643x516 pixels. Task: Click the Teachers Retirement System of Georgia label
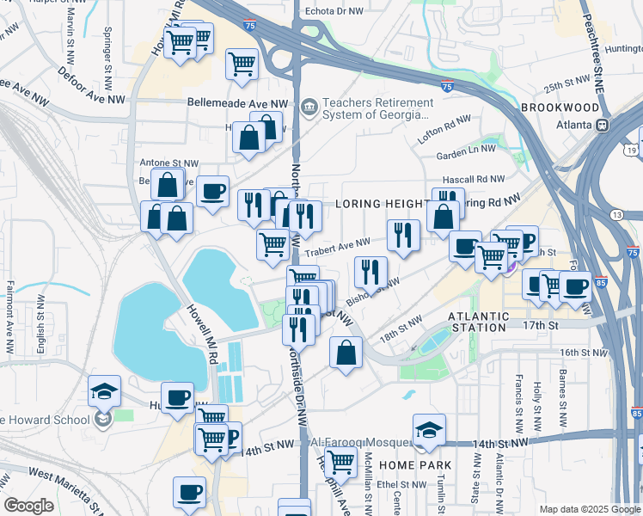coord(376,108)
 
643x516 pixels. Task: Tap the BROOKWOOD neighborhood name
coord(560,107)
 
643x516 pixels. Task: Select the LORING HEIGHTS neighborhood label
coord(382,204)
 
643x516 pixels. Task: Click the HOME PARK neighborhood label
coord(415,465)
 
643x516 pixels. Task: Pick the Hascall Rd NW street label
coord(477,179)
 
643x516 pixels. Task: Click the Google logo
coord(28,506)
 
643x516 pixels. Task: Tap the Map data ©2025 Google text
coord(589,509)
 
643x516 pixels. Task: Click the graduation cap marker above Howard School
coord(104,390)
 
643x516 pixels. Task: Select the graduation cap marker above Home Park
coord(429,430)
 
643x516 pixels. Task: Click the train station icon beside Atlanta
coord(603,124)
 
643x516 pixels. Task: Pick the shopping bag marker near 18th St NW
coord(345,353)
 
